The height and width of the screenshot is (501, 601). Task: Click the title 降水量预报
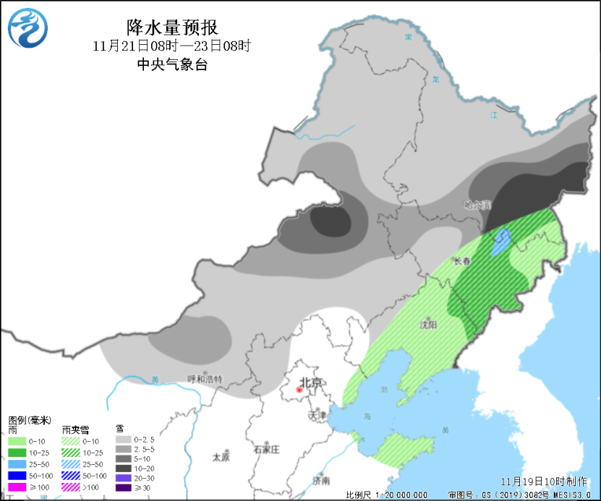click(x=171, y=27)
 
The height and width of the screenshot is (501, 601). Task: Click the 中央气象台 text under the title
click(x=171, y=64)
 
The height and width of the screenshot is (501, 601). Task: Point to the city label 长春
click(x=462, y=261)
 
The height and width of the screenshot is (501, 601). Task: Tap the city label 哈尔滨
click(x=477, y=205)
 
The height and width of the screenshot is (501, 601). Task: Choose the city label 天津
click(x=317, y=416)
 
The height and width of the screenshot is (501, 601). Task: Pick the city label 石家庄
click(x=266, y=449)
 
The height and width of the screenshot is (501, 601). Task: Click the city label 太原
click(x=221, y=458)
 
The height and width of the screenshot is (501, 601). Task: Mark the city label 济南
click(x=321, y=481)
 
